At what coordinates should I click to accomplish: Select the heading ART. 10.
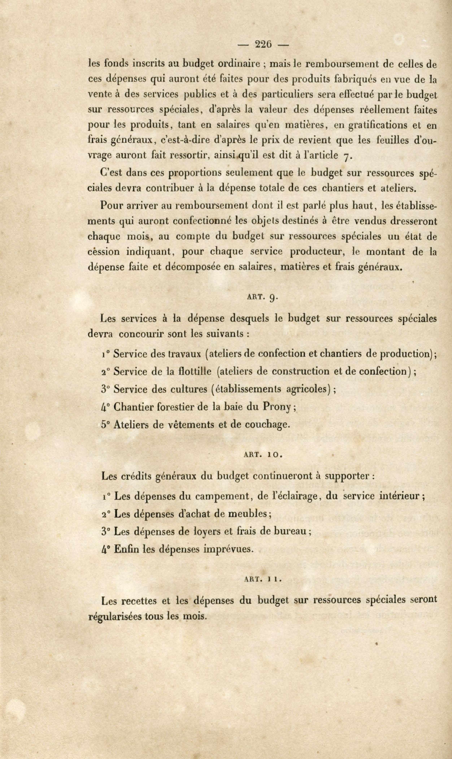pos(263,455)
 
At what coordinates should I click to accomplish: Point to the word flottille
pos(195,372)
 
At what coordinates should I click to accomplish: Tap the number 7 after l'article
pos(346,156)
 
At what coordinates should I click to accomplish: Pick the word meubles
pos(248,514)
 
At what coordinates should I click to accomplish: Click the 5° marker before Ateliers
pos(105,425)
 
